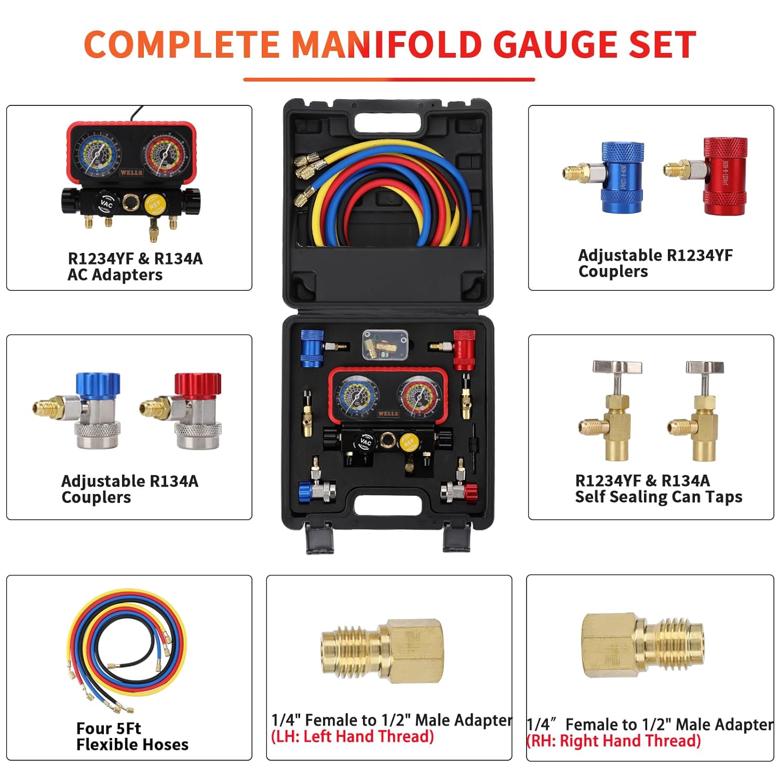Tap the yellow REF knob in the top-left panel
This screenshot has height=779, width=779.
154,204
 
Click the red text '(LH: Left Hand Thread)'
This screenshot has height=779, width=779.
352,736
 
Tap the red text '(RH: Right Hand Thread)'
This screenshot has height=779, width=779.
614,741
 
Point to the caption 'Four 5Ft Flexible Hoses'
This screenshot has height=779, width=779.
132,736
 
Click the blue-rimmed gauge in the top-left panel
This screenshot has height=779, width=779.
97,153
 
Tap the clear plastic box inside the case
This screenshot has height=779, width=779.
385,344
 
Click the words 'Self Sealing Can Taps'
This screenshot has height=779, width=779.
659,497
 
